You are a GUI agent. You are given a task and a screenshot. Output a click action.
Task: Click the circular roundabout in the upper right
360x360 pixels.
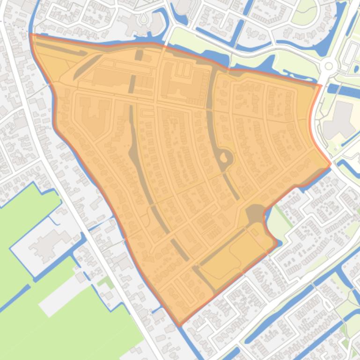tap(329, 66)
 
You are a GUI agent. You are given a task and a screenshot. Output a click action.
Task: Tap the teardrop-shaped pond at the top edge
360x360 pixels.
tap(144, 19)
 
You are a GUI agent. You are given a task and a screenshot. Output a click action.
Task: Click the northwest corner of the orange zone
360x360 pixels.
tap(31, 35)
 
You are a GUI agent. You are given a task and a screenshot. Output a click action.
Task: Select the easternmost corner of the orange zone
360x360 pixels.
tap(331, 164)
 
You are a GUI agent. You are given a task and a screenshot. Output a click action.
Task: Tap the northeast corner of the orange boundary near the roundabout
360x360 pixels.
tap(321, 85)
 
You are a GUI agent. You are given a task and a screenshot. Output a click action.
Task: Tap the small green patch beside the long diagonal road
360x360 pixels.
tap(106, 282)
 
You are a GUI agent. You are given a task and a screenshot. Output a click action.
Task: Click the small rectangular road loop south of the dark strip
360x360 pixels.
tap(147, 113)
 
